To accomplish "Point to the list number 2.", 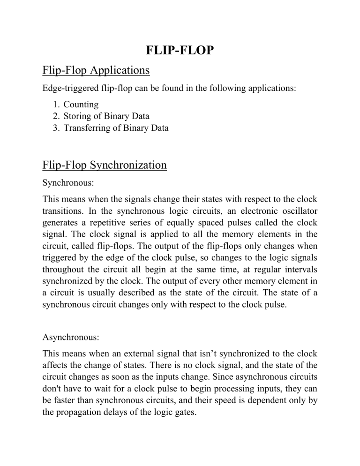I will (x=57, y=116).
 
